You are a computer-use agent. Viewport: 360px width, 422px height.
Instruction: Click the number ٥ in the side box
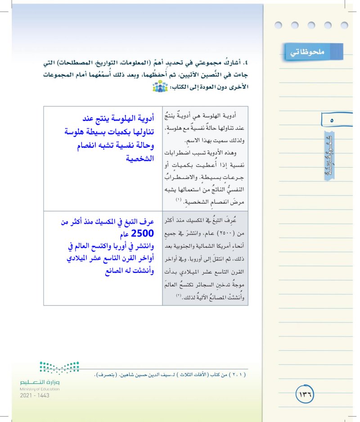click(332, 121)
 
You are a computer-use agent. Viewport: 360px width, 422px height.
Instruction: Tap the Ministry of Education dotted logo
click(59, 368)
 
